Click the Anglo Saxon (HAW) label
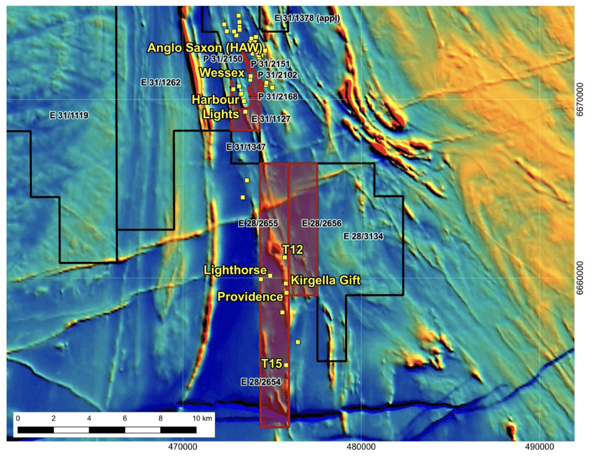coord(205,47)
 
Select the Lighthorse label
coord(236,270)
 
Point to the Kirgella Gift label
coord(325,280)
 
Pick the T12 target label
coord(292,249)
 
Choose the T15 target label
coord(272,363)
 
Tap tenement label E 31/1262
coord(160,82)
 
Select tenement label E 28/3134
coord(364,235)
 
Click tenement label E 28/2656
coord(322,224)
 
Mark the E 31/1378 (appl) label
coord(307,18)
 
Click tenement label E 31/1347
coord(246,147)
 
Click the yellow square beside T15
coord(286,365)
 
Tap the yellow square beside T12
coord(285,258)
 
